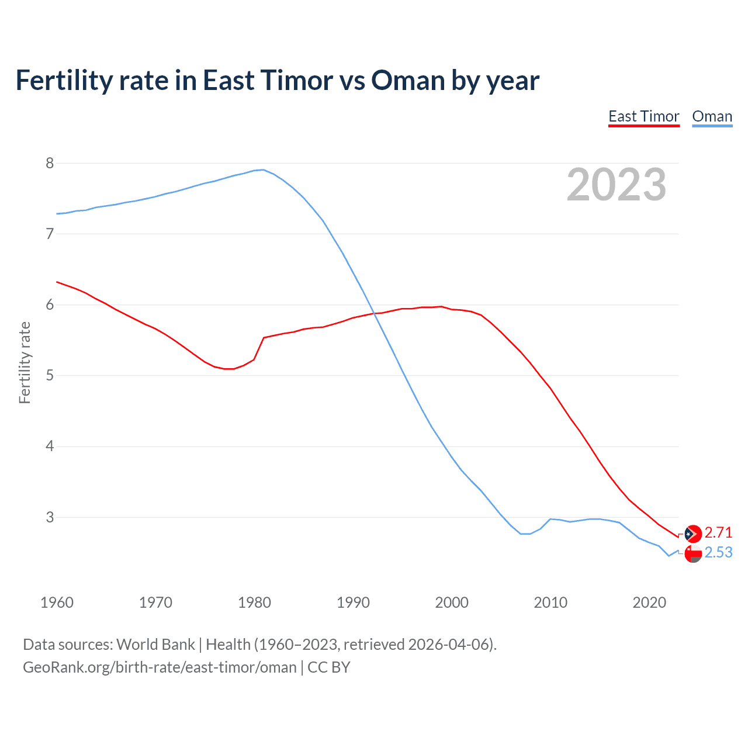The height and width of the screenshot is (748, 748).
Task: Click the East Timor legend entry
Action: (x=643, y=117)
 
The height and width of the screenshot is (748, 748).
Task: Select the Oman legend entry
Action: (x=712, y=117)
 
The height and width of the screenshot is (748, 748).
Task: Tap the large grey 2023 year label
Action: (x=617, y=185)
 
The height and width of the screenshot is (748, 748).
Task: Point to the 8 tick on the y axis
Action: (x=50, y=163)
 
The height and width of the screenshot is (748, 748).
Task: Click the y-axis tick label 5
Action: (x=50, y=375)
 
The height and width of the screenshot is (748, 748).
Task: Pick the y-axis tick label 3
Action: (x=50, y=517)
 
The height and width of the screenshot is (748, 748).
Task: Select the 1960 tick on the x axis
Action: (x=57, y=602)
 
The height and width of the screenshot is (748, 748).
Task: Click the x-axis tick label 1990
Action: (x=353, y=602)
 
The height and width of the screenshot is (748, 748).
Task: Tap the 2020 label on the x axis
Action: (x=649, y=602)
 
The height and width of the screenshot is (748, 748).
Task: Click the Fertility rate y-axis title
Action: (x=25, y=362)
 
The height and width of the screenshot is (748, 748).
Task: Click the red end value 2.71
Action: (x=718, y=532)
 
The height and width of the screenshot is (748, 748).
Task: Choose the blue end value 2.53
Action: (x=718, y=552)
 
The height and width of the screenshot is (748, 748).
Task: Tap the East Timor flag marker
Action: (x=693, y=534)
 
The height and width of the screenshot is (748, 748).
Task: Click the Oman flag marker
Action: (x=693, y=554)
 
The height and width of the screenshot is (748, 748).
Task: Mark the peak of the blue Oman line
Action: (x=263, y=169)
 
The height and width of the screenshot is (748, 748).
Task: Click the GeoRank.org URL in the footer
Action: (x=160, y=667)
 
